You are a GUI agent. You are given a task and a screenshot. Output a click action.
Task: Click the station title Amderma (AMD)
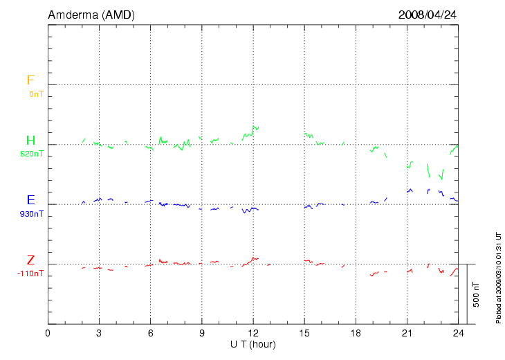(91, 15)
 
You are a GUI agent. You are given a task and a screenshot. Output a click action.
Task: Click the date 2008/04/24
(428, 15)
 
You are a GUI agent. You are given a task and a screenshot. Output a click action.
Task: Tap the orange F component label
(30, 81)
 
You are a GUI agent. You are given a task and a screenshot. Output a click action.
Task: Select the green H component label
(30, 141)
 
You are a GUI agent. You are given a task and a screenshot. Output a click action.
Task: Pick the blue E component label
(30, 201)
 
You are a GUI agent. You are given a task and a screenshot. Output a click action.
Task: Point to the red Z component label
(30, 260)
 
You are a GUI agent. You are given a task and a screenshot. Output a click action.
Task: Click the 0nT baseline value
(36, 94)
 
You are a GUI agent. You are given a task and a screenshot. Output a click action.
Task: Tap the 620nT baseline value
(33, 154)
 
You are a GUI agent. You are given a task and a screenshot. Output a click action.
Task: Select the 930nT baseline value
(33, 214)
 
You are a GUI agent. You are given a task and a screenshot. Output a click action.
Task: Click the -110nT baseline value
(31, 273)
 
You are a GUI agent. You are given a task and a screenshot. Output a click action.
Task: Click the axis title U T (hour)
(253, 344)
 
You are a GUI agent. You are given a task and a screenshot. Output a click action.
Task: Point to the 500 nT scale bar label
(476, 294)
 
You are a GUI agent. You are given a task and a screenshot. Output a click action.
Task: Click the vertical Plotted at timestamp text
(498, 277)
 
